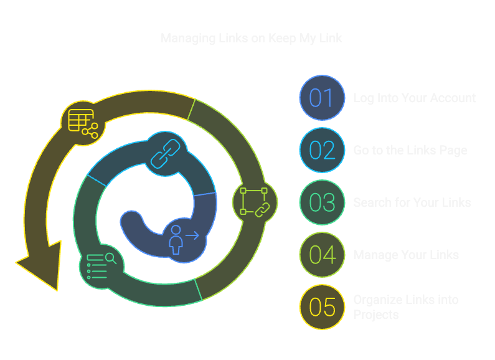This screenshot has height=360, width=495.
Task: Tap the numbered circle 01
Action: pos(322,98)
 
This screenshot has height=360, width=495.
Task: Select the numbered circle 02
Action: pos(322,150)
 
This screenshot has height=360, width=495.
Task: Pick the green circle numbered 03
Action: pos(322,202)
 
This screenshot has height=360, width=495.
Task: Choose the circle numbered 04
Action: pos(322,255)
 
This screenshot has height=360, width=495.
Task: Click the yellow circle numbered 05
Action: pos(322,307)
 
